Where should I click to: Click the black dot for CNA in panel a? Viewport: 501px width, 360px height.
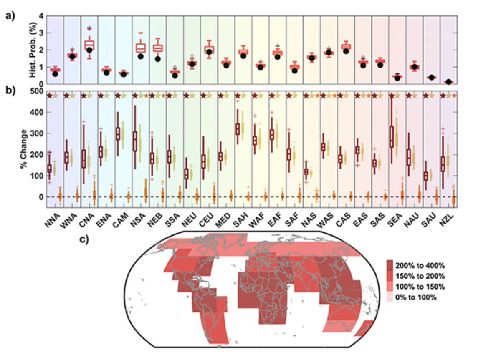click(x=89, y=50)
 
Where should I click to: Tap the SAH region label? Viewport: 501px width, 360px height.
click(x=240, y=219)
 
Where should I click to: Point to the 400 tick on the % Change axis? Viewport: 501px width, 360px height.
click(x=38, y=113)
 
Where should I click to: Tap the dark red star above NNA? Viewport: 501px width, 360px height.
click(x=49, y=96)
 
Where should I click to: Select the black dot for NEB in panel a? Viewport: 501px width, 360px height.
click(x=158, y=59)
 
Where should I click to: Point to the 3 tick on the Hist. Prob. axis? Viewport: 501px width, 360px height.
click(x=41, y=33)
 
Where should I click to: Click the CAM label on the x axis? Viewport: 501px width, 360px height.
click(x=121, y=219)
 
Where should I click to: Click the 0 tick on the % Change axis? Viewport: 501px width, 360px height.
click(x=41, y=197)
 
